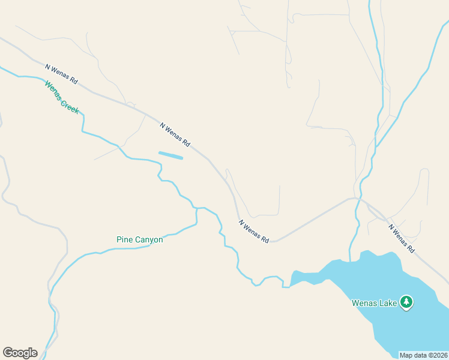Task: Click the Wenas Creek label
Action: pos(61,97)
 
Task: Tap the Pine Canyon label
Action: pos(139,240)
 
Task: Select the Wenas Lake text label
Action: pos(374,303)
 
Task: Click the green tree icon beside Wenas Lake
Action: pos(407,302)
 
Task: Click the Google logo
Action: pos(20,353)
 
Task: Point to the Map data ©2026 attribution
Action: pos(423,355)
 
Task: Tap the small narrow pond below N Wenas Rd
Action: pos(170,155)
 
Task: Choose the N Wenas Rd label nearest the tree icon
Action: pos(402,238)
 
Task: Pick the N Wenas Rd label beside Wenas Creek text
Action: pos(61,73)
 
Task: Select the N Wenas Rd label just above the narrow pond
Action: pos(175,135)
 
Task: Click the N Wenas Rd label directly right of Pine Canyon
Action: pos(253,231)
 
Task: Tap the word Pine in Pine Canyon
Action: pos(124,240)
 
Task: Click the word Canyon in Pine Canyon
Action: pos(148,240)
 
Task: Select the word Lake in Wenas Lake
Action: pos(388,303)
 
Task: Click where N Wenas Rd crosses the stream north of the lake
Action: pos(358,199)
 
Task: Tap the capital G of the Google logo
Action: pos(8,353)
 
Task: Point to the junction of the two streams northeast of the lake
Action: pos(376,146)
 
